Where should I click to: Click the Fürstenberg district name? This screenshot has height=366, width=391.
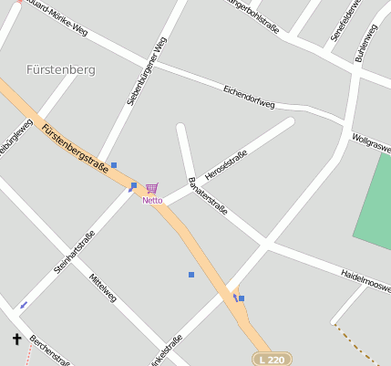[61, 69]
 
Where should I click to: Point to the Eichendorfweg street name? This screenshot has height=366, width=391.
[249, 98]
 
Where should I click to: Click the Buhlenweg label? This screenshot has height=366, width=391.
[366, 43]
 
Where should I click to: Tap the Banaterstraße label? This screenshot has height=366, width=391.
[206, 194]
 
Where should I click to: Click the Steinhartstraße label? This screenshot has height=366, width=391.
[74, 250]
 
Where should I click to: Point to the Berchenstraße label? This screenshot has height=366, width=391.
[49, 350]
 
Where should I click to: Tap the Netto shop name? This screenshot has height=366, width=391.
[152, 200]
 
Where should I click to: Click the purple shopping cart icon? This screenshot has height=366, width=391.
[151, 188]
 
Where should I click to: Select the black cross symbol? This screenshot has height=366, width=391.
[16, 340]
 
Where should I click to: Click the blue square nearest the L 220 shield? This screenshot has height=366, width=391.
[242, 298]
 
